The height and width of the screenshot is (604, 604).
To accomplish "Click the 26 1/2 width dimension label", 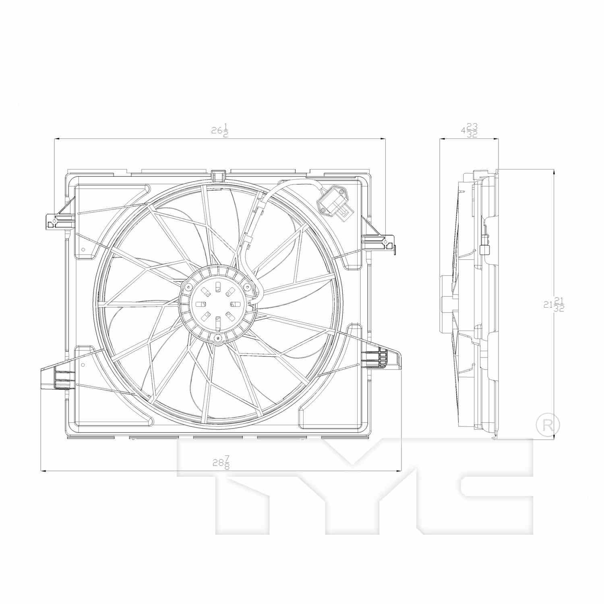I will click(x=220, y=131).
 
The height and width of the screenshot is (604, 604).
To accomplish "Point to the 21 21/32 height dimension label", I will click(x=554, y=305).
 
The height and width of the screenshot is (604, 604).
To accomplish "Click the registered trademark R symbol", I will click(x=548, y=424).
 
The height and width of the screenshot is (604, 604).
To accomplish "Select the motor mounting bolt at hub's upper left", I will click(x=188, y=287).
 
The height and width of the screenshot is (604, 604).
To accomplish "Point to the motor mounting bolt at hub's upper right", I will click(x=247, y=287).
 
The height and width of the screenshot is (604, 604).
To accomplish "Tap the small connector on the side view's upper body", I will click(x=484, y=250).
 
